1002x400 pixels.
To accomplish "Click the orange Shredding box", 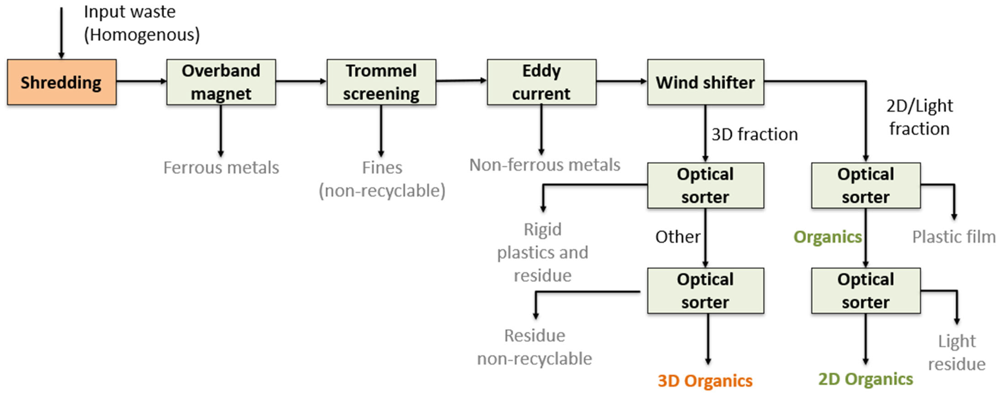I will click(61, 82).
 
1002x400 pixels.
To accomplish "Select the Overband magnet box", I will click(221, 82).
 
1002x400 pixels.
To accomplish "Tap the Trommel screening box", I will click(381, 82).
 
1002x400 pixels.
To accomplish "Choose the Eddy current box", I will click(541, 82).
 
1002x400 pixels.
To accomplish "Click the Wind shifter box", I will click(705, 82).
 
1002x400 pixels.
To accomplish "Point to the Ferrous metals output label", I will click(221, 168).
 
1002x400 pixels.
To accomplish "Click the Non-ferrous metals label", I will click(545, 165).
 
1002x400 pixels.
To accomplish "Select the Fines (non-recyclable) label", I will click(382, 179).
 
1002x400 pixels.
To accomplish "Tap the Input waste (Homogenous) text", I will click(142, 23).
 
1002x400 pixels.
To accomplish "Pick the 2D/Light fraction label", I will click(920, 117).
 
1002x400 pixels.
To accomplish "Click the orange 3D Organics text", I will click(705, 381).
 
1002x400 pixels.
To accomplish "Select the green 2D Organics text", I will click(866, 379).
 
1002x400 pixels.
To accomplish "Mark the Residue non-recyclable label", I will click(535, 347).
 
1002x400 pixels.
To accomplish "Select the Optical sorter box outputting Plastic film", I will click(866, 186).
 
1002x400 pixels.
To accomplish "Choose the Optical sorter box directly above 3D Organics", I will click(705, 291).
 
